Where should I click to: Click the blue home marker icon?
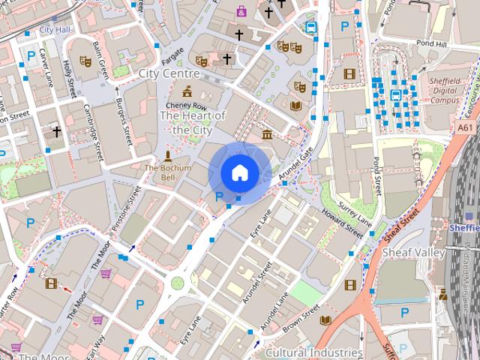point(239,172)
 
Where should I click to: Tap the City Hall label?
point(55,30)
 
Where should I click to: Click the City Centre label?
point(169,73)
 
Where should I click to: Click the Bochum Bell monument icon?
point(166,156)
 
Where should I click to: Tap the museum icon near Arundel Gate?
point(267,134)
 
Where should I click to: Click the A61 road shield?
point(465,128)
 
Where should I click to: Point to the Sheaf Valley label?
point(413,253)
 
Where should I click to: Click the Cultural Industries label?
point(314,352)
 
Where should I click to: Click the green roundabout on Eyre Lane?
point(178,283)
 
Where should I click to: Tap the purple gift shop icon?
point(241,10)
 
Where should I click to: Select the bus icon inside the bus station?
point(395,94)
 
